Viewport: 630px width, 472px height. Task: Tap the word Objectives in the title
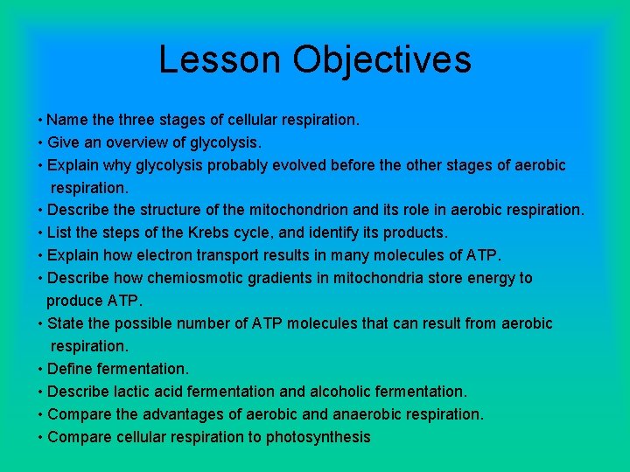click(x=382, y=59)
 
